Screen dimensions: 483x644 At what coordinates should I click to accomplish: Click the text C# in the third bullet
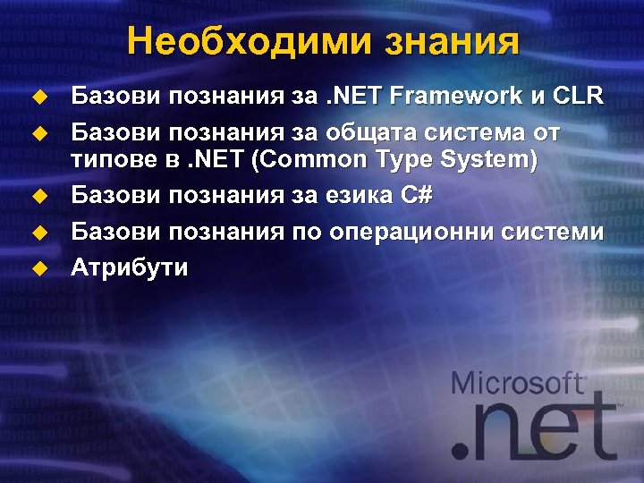click(416, 193)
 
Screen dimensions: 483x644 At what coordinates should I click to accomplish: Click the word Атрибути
click(130, 267)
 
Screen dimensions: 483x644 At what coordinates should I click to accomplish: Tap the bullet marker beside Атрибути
click(39, 268)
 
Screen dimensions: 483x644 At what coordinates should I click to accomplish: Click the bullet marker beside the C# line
click(39, 194)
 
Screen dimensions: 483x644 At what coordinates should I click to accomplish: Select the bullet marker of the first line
click(39, 96)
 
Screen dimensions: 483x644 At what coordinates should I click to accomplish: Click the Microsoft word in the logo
click(519, 385)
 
